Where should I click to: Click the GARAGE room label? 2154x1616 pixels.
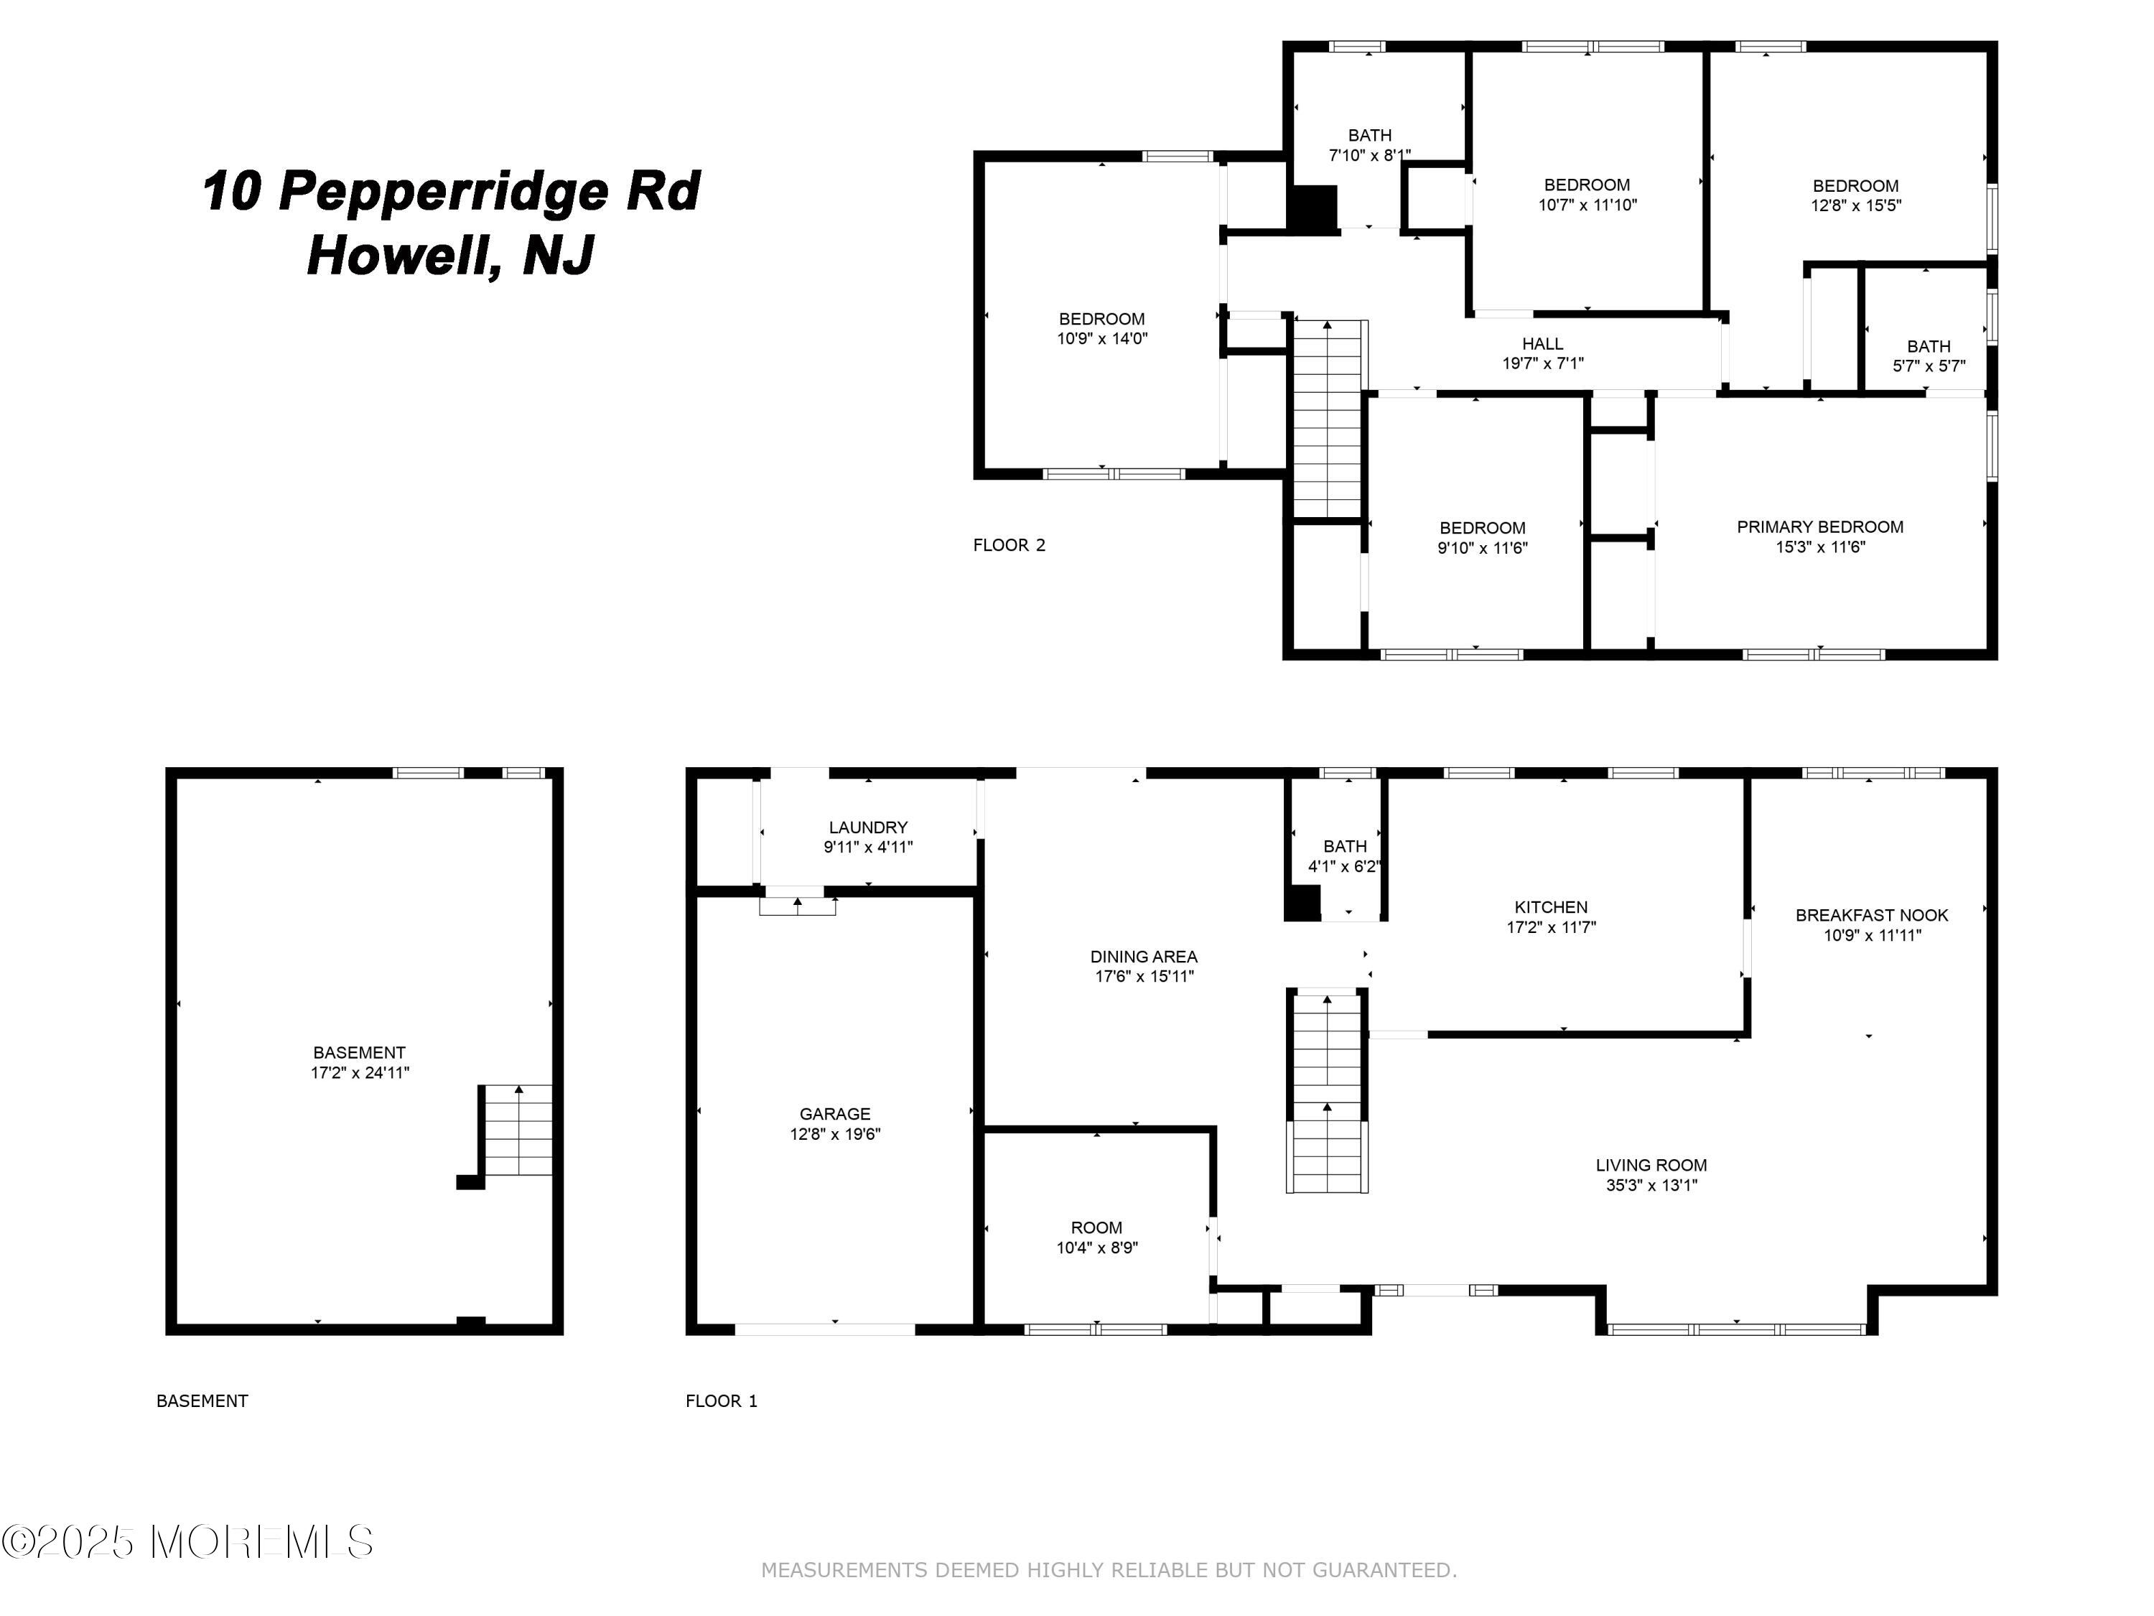[x=834, y=1113]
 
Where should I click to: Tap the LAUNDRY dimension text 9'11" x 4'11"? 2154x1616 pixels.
[x=867, y=848]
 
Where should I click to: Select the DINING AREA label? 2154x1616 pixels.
[x=1143, y=957]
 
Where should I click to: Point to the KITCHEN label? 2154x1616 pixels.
[x=1551, y=907]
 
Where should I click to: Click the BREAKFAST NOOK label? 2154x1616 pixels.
[x=1872, y=916]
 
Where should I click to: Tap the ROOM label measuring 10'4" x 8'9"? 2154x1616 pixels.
[x=1096, y=1228]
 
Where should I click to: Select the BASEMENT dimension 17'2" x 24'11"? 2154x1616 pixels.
[x=359, y=1072]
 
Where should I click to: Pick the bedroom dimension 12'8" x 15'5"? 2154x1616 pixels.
[x=1855, y=205]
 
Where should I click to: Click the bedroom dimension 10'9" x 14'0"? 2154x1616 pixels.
[x=1102, y=339]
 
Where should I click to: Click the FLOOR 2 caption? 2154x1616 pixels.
[x=1009, y=545]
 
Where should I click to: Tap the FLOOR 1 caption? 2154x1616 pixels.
[x=721, y=1401]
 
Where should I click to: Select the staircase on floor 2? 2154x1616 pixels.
[x=1328, y=419]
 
